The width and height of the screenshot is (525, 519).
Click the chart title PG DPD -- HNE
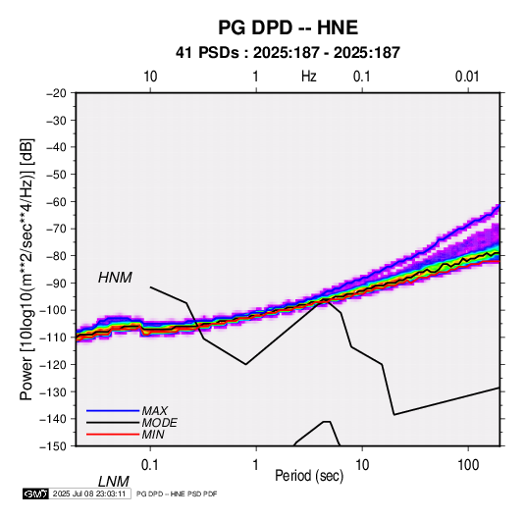click(x=288, y=27)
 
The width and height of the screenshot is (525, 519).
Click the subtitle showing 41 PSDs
click(x=288, y=53)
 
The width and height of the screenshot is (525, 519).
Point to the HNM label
click(x=115, y=278)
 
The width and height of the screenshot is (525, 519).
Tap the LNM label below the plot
click(x=114, y=482)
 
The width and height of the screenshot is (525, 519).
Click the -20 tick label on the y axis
click(x=56, y=93)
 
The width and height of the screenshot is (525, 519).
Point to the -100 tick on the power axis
click(x=54, y=310)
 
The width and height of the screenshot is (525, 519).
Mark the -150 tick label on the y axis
click(x=54, y=446)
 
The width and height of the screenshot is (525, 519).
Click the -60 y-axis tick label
click(x=56, y=201)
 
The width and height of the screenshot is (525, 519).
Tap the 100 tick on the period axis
click(x=468, y=465)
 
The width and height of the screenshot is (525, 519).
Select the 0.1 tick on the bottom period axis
click(x=150, y=465)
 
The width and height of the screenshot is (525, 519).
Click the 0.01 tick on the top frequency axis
click(x=467, y=77)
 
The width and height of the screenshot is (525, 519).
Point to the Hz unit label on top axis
click(x=309, y=77)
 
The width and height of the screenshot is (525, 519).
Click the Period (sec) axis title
click(x=309, y=476)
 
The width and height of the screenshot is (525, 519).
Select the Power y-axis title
click(x=26, y=269)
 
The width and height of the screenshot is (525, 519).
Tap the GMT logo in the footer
click(x=35, y=493)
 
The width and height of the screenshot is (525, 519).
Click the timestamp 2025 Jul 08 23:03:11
click(x=89, y=493)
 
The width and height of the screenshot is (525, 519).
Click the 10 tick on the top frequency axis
click(x=150, y=77)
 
